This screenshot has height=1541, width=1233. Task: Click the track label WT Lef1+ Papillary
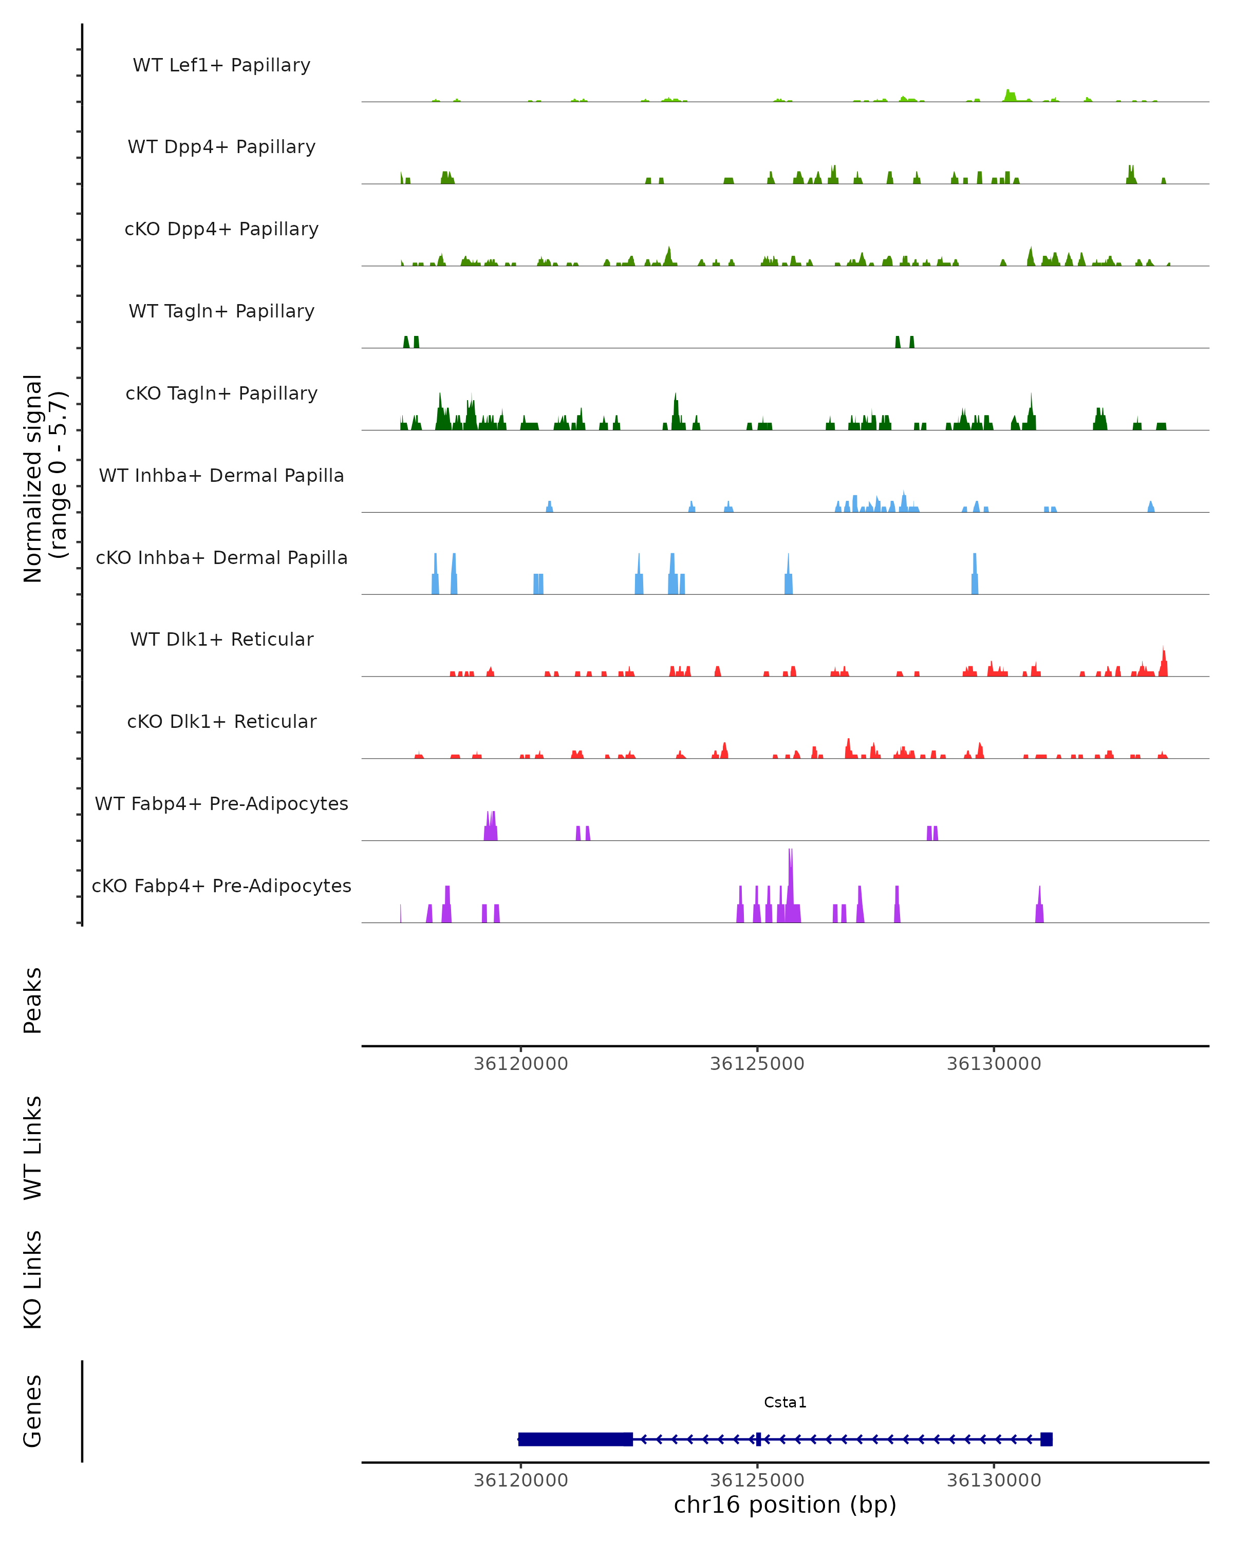(221, 65)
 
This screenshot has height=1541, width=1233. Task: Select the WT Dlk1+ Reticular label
(221, 639)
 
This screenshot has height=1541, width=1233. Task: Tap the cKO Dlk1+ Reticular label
(221, 721)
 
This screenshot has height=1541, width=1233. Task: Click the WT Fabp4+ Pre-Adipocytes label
(221, 803)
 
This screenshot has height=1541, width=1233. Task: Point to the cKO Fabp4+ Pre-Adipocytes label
(221, 886)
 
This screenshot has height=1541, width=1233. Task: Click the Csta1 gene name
(785, 1402)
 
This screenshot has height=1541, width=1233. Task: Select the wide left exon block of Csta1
(575, 1439)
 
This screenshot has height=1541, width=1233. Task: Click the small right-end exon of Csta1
(1047, 1439)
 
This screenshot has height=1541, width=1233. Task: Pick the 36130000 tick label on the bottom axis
(994, 1480)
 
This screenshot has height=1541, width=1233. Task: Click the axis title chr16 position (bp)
(785, 1505)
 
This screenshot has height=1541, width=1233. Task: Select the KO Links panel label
(33, 1280)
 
